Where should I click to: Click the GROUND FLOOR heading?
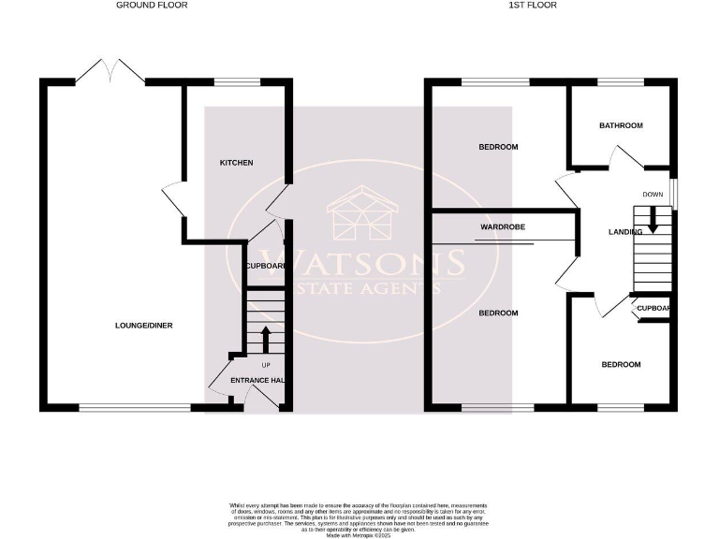pyautogui.click(x=152, y=5)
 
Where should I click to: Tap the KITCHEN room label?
pyautogui.click(x=236, y=163)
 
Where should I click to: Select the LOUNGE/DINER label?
pyautogui.click(x=144, y=326)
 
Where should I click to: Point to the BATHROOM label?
pyautogui.click(x=622, y=125)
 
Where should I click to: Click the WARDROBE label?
pyautogui.click(x=501, y=226)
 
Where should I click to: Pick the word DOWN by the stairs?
pyautogui.click(x=653, y=195)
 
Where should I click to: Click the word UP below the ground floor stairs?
pyautogui.click(x=265, y=364)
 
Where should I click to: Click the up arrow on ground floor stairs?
pyautogui.click(x=265, y=338)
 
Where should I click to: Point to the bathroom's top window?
pyautogui.click(x=621, y=83)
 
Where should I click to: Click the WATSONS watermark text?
pyautogui.click(x=360, y=262)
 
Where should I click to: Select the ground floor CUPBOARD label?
pyautogui.click(x=265, y=266)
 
